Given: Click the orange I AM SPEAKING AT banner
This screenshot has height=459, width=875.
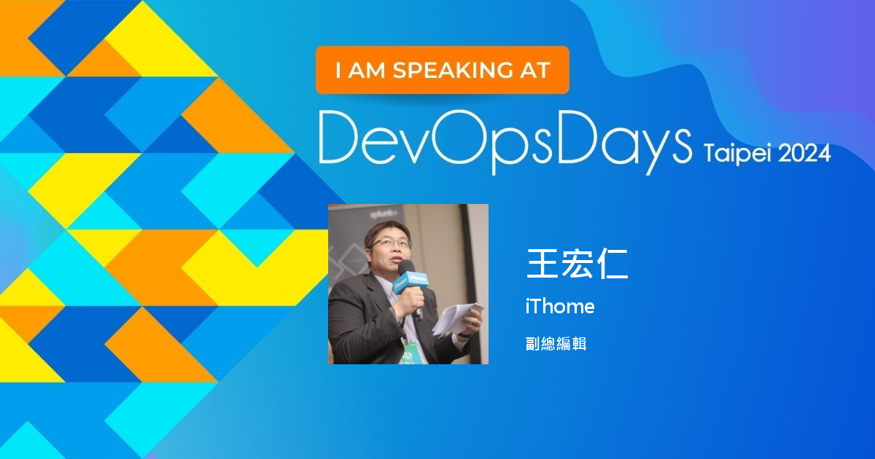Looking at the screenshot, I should (x=442, y=70).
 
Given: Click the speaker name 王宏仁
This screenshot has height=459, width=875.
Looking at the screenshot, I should (x=577, y=264).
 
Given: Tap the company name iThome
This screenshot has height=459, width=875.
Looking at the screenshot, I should (x=559, y=307).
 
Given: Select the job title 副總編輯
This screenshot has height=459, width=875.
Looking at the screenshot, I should (x=556, y=343).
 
